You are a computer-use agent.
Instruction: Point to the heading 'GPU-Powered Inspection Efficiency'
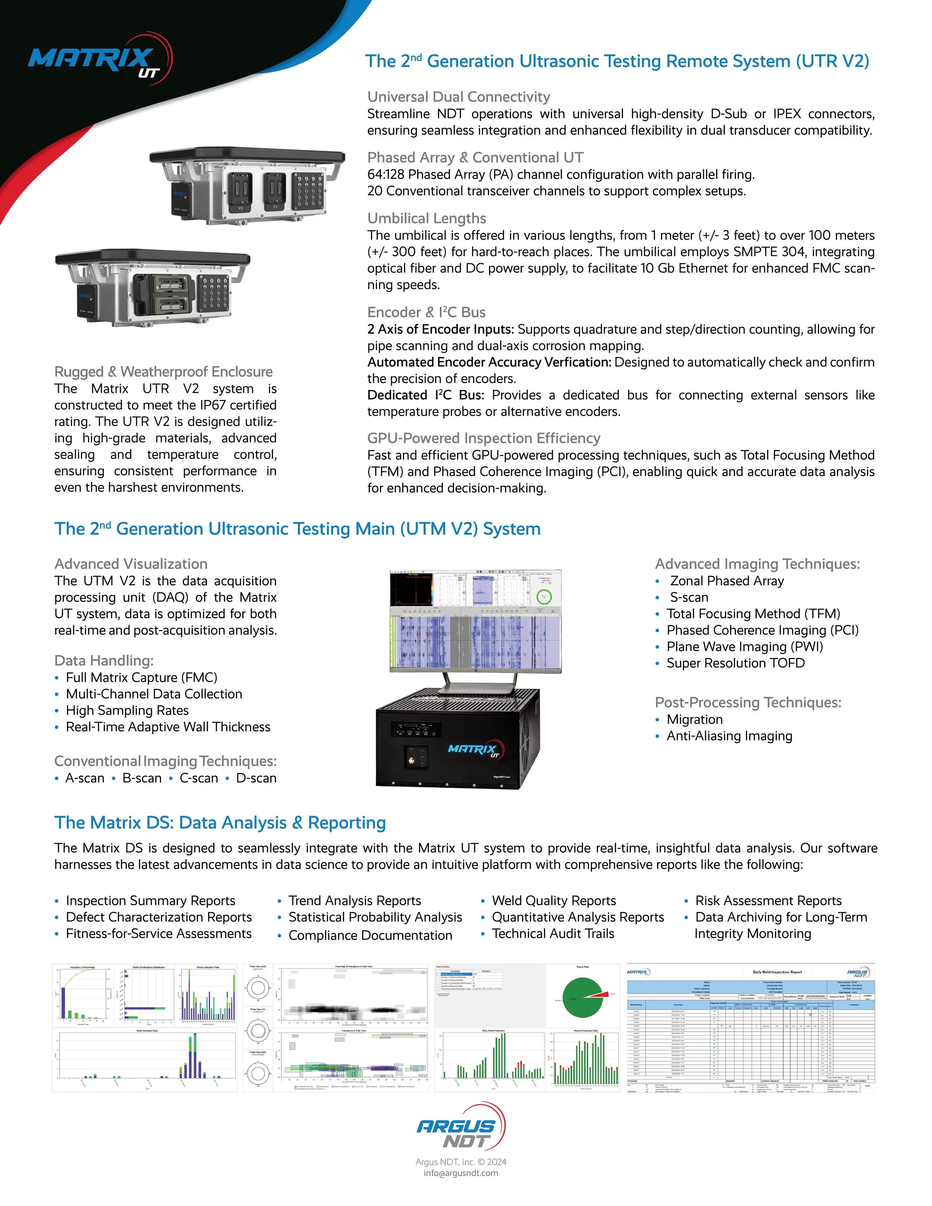click(483, 438)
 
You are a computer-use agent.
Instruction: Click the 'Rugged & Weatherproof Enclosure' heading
click(163, 372)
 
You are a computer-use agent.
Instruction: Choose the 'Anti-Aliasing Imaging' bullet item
click(729, 736)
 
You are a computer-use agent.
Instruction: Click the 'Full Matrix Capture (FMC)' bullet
click(141, 677)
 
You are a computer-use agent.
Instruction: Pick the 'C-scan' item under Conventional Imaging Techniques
click(198, 778)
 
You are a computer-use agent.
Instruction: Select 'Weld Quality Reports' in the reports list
click(553, 901)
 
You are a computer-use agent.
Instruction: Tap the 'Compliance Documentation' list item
click(370, 935)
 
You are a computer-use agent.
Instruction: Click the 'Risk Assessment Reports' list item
click(768, 901)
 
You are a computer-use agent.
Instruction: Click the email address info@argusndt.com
click(460, 1173)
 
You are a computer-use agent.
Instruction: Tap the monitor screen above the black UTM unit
click(475, 621)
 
